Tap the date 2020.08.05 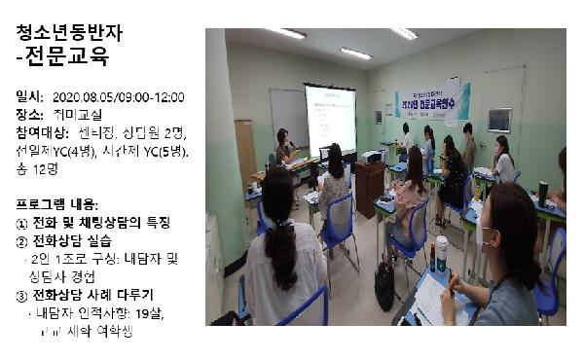(83, 97)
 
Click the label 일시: (30, 97)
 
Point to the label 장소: (30, 115)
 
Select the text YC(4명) (75, 151)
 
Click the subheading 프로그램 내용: (57, 204)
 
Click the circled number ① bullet (22, 222)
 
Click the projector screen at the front (330, 116)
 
